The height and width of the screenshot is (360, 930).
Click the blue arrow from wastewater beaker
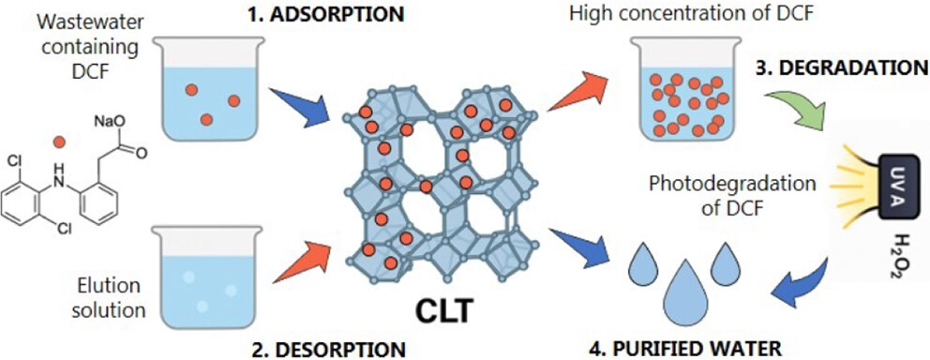point(299,106)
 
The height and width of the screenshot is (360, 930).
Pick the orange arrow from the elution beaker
point(301,261)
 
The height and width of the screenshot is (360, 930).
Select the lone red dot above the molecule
point(58,142)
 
